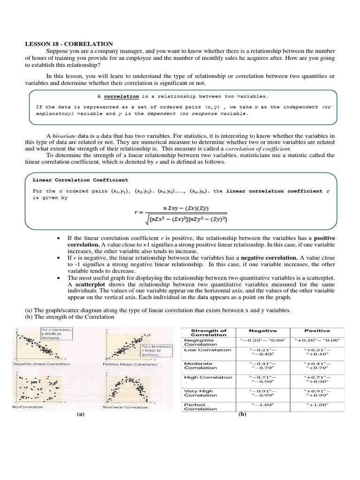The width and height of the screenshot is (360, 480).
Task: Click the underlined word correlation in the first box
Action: pos(121,97)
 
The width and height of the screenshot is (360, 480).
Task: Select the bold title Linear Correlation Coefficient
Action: pos(80,180)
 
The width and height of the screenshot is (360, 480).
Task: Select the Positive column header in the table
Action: pos(317,330)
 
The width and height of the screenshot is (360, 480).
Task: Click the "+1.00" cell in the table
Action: pos(317,405)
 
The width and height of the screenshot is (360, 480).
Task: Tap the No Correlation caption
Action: pos(28,407)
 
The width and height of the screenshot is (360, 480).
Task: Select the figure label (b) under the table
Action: pos(242,414)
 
